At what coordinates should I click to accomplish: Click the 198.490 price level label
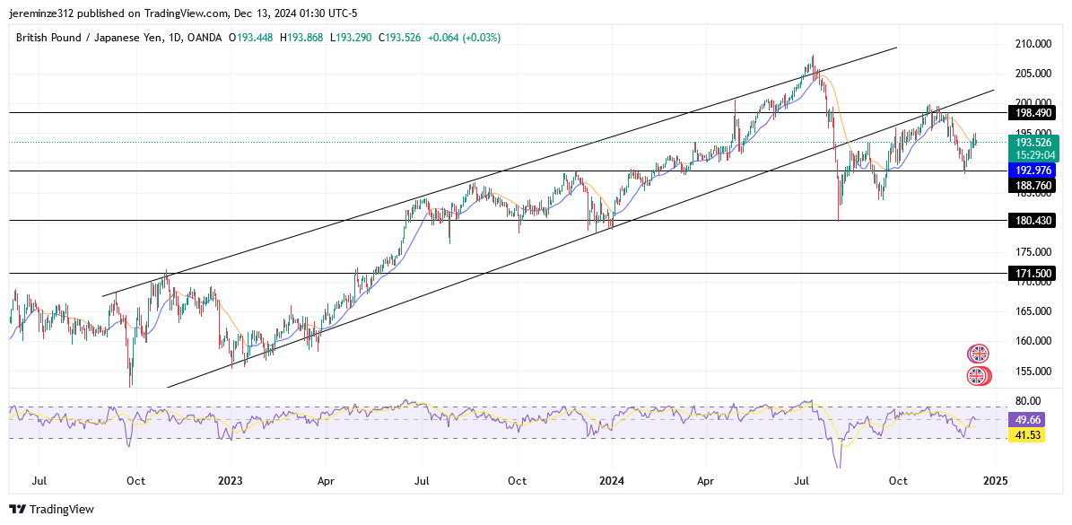pos(1030,113)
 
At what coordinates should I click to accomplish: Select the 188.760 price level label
pos(1030,186)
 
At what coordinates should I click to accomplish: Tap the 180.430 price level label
pos(1030,221)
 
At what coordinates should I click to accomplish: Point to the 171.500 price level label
pos(1030,274)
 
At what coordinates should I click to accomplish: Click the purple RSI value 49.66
pos(1027,419)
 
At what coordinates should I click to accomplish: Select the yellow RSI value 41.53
pos(1027,434)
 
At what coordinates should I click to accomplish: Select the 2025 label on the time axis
pos(995,481)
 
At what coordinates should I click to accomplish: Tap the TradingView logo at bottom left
pos(52,510)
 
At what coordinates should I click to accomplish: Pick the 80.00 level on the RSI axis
pos(1028,401)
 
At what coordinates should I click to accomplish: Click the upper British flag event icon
pos(978,354)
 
